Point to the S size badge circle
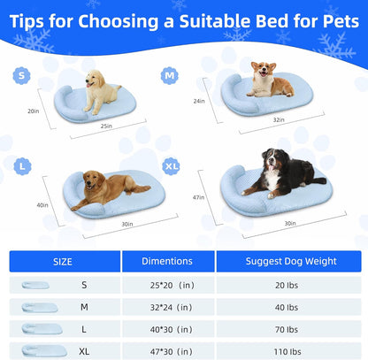pos(21,76)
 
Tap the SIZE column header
pos(63,261)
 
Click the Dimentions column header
pos(166,261)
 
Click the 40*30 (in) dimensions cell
pos(166,328)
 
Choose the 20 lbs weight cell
pos(289,285)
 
